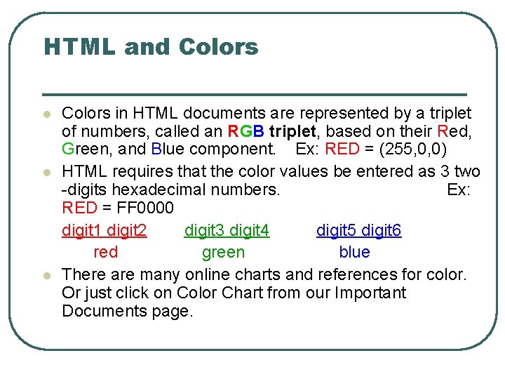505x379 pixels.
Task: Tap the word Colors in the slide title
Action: (x=218, y=47)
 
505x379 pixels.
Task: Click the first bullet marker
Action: (x=46, y=114)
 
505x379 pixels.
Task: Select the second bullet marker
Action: (x=46, y=172)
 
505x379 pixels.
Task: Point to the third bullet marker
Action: (x=46, y=276)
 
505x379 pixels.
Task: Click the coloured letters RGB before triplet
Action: (x=245, y=131)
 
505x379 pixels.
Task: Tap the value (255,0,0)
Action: (x=406, y=149)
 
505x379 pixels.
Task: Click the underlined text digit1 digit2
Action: (x=105, y=231)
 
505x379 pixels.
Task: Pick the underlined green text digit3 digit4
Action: (x=227, y=231)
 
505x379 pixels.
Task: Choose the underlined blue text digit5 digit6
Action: (x=358, y=231)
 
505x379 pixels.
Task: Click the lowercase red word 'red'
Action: (x=106, y=252)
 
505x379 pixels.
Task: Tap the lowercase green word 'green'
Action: (x=223, y=252)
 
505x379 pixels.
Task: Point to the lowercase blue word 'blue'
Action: (x=354, y=252)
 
